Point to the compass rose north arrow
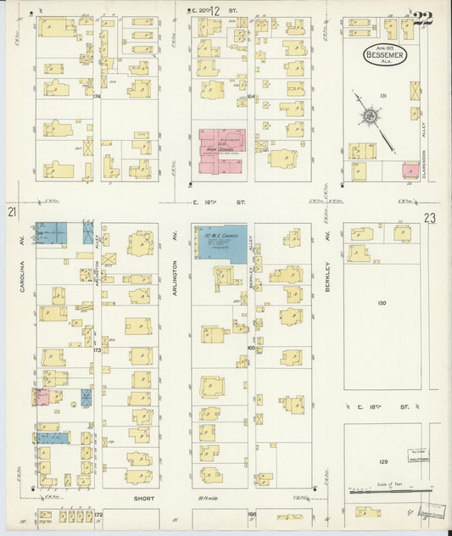click(371, 116)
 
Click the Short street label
click(143, 499)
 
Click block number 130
click(381, 303)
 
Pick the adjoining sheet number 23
click(430, 218)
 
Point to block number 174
click(97, 97)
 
